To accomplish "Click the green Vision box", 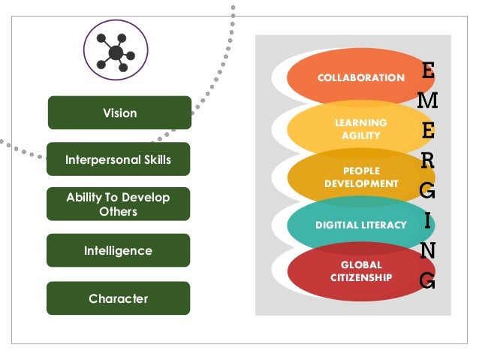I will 119,113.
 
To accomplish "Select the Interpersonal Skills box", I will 118,159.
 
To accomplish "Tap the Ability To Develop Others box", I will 118,204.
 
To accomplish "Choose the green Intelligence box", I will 118,250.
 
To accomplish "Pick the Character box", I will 118,298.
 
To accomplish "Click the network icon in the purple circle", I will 116,51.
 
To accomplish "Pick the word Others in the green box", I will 118,212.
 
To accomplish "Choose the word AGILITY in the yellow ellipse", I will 361,136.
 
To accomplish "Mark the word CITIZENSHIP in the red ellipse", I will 361,278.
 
